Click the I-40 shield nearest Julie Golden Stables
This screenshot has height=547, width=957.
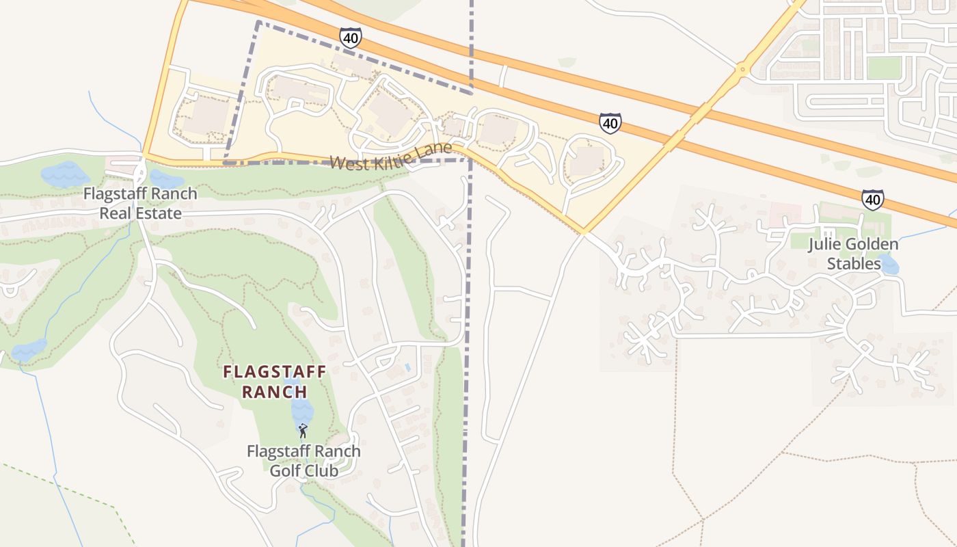(872, 200)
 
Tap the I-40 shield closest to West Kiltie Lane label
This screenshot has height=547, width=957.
(350, 37)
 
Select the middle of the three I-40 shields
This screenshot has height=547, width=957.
(610, 123)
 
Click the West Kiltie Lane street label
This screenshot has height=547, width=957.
(391, 157)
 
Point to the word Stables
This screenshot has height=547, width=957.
(854, 263)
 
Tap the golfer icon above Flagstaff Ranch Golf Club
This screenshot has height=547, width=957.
(303, 431)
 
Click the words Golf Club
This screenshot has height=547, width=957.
(304, 470)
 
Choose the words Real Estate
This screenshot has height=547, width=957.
(141, 213)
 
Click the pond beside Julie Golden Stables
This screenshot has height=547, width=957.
(889, 264)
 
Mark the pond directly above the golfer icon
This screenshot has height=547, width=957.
(301, 411)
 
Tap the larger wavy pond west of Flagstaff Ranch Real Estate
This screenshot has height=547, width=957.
(65, 174)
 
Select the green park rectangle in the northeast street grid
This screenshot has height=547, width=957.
(884, 67)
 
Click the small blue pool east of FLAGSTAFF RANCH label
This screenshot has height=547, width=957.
(407, 367)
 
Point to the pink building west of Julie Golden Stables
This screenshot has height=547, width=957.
(785, 213)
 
